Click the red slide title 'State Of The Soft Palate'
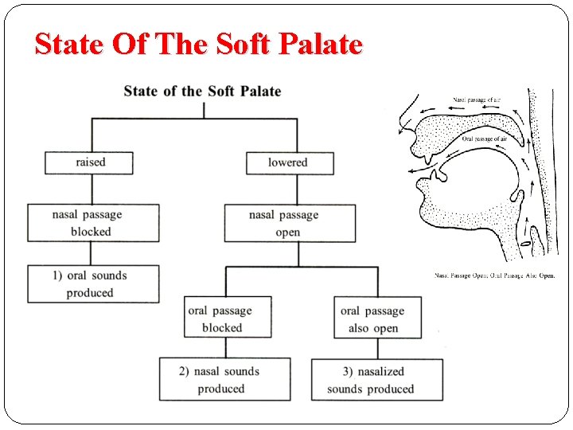pos(198,44)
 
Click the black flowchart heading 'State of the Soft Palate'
pos(202,91)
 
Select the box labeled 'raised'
pos(89,162)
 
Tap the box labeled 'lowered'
pos(289,162)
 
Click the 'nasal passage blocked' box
pos(92,223)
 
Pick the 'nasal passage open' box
pos(289,223)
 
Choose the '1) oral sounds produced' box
pos(92,284)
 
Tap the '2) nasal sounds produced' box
pos(224,379)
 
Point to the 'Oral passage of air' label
pos(485,139)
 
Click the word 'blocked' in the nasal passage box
pos(91,232)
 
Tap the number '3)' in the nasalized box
pos(349,371)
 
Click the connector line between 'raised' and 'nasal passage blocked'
pos(92,189)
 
